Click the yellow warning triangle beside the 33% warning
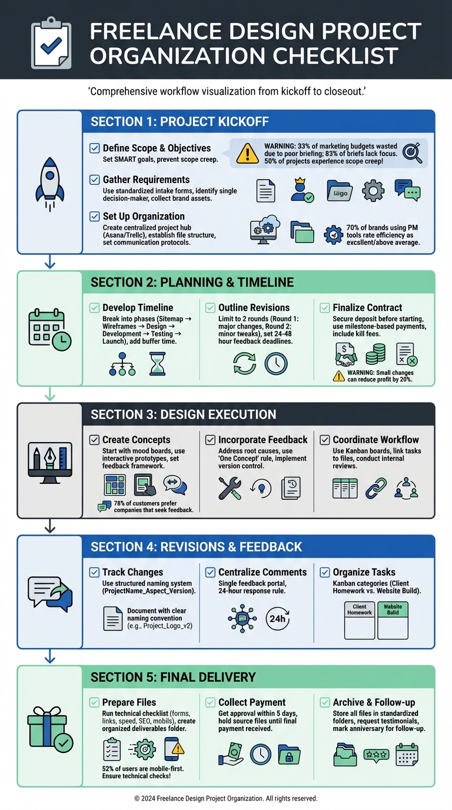point(247,153)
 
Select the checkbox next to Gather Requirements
point(94,180)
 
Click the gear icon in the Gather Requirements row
point(373,191)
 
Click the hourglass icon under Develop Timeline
point(157,364)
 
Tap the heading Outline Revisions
point(254,307)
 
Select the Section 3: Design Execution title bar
point(258,414)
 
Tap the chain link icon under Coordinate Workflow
point(376,488)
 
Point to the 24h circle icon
point(278,619)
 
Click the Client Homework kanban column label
point(359,610)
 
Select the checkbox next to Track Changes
point(94,572)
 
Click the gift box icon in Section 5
point(49,728)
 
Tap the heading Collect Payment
point(252,702)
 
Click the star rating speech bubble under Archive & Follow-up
point(376,755)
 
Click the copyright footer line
point(226,799)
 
